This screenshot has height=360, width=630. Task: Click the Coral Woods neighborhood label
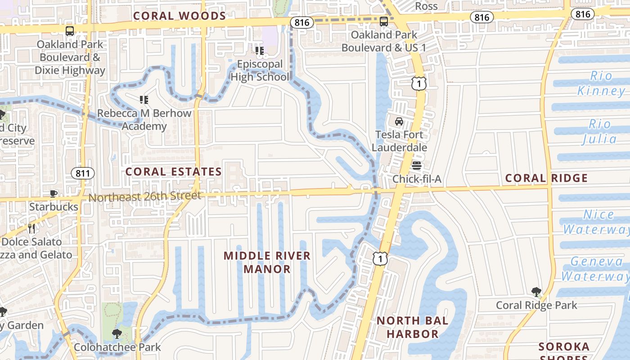pos(179,16)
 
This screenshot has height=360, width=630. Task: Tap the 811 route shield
pos(83,173)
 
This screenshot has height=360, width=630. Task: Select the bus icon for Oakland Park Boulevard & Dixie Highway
pos(70,31)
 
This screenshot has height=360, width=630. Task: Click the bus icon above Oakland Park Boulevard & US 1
pos(383,21)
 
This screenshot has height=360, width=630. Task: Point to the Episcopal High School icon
pos(259,51)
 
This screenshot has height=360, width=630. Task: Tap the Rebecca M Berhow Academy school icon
pos(144,99)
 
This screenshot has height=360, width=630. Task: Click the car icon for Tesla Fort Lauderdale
pos(399,121)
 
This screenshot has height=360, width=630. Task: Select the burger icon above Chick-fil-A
pos(417,166)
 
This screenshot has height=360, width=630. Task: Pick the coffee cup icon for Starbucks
pos(54,194)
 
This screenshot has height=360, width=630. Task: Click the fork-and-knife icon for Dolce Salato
pos(31,229)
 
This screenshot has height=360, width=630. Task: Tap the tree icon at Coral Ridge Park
pos(536,292)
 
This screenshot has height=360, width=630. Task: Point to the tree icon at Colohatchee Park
pos(117,334)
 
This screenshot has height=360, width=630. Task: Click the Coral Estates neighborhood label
pos(173,172)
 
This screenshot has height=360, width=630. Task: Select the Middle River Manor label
pos(267,262)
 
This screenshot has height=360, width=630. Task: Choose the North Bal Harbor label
pos(412,327)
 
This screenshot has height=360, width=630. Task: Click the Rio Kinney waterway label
pos(601,83)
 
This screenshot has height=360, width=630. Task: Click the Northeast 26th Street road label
pos(144,197)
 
